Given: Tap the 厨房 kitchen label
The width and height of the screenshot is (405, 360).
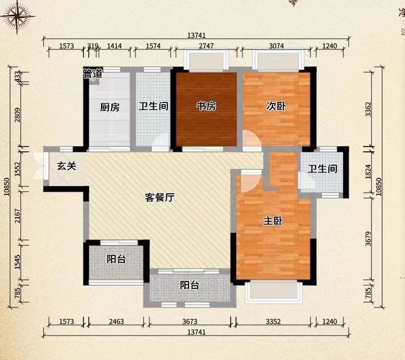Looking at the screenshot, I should pos(110,107).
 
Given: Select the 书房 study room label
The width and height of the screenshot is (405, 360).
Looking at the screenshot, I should pos(206,106).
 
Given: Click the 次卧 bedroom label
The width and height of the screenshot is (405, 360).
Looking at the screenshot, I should pos(276,106).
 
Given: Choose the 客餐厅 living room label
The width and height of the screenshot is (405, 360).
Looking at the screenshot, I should pos(160,198).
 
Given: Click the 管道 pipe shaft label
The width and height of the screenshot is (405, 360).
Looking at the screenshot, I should pos(92,74).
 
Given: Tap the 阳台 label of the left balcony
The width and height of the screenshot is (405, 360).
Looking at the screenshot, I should pos(116,259).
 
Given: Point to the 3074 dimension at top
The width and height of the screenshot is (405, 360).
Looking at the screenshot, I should pos(276,46).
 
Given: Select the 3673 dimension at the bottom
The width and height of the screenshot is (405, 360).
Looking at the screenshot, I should pos(190,322).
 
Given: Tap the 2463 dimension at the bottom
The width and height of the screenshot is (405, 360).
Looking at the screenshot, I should pos(118,322).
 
